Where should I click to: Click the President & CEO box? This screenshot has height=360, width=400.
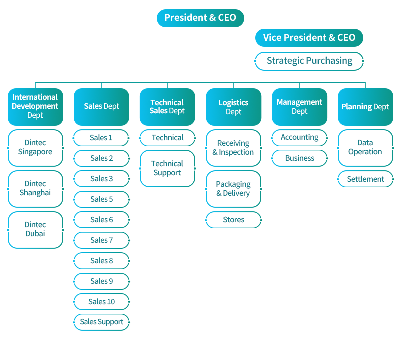pos(200,18)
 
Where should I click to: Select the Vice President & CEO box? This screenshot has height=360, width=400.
pos(309,38)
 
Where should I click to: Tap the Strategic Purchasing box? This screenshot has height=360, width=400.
pos(309,61)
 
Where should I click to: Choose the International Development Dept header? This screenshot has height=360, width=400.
pos(35,107)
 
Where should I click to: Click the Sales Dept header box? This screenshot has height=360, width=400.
pos(101,107)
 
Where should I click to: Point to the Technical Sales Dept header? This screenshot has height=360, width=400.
pos(167,107)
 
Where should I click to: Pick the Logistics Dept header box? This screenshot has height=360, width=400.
pos(233,107)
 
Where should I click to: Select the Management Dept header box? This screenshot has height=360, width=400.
pos(299,107)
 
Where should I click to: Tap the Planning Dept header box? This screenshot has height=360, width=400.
pos(365,107)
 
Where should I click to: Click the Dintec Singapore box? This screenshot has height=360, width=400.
pos(35,148)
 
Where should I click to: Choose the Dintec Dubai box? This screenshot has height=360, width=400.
pos(35,230)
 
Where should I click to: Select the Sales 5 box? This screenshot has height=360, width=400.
pos(101,199)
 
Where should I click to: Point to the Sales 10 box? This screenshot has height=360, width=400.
pos(101,302)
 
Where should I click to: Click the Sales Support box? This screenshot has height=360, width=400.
pos(101,322)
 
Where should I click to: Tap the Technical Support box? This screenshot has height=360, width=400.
pos(167,168)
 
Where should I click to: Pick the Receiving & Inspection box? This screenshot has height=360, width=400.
pos(233,148)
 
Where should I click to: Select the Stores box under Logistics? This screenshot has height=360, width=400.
pos(233,220)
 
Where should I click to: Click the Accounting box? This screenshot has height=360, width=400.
pos(299,138)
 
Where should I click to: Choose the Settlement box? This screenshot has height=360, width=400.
pos(365,179)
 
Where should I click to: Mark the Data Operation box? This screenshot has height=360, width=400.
pos(365,148)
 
